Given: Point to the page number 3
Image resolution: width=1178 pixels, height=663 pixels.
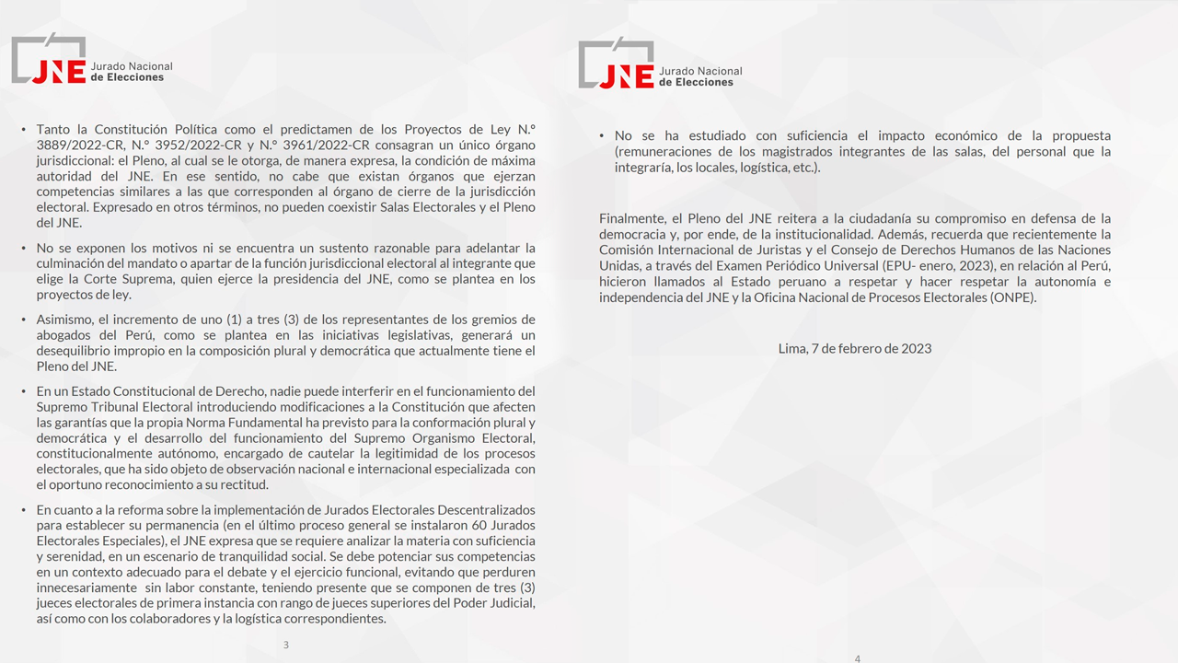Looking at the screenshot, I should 286,645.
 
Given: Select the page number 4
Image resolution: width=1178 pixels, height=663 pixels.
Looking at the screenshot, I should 858,658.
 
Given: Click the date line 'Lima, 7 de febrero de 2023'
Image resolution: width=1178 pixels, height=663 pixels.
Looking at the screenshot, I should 854,348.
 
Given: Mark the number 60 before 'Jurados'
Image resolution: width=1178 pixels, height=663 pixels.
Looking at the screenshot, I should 476,526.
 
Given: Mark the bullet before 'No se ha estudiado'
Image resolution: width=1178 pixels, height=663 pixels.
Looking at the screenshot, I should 602,136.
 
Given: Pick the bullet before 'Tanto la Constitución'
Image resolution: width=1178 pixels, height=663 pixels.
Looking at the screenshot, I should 24,130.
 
